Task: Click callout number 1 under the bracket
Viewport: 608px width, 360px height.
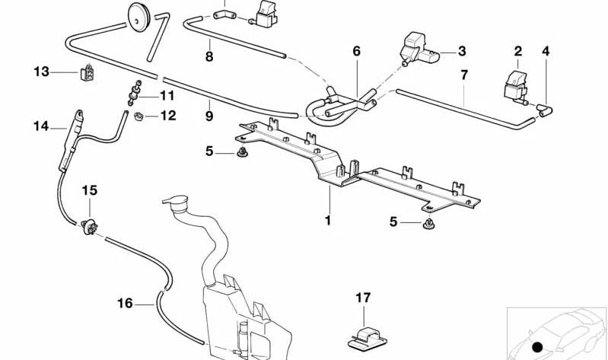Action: [328, 221]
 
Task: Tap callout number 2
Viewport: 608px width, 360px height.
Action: [518, 52]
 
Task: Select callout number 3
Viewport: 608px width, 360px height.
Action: [462, 52]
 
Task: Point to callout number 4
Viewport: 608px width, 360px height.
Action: [545, 52]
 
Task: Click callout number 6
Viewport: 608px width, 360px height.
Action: [355, 52]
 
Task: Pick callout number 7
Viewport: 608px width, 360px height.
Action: [463, 75]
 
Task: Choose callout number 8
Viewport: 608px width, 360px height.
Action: [209, 56]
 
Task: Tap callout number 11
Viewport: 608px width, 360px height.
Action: [167, 96]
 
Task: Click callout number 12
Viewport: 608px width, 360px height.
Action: [167, 116]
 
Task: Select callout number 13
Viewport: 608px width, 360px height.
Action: [40, 72]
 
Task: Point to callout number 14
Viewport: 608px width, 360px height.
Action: [40, 126]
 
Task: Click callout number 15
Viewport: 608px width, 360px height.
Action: [90, 189]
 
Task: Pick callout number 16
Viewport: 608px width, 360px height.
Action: [125, 303]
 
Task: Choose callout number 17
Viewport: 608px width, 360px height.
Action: [362, 298]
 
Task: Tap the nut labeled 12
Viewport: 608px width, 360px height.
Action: [140, 116]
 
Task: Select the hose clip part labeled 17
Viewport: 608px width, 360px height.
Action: [364, 332]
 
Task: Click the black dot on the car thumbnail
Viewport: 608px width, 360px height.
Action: [538, 347]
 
